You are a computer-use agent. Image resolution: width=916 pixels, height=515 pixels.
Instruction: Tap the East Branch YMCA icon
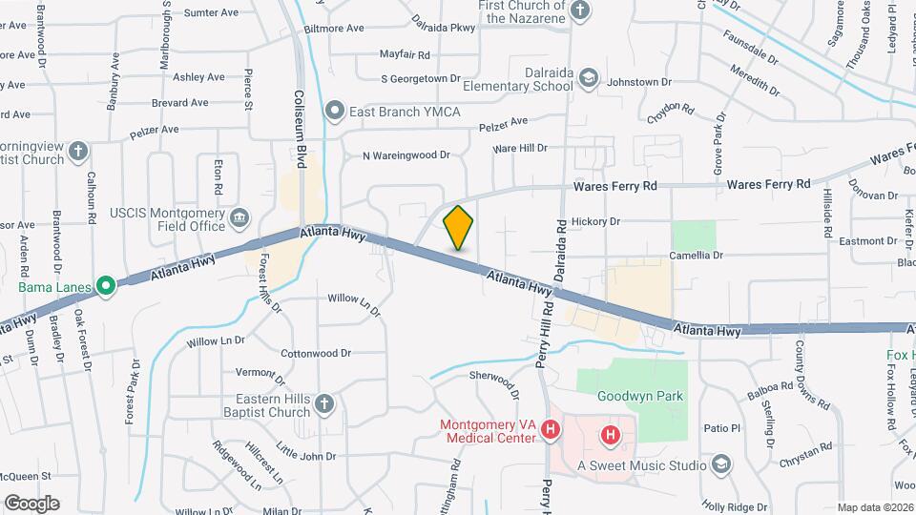pos(335,112)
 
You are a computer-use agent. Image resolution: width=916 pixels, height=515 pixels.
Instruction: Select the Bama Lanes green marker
pos(105,285)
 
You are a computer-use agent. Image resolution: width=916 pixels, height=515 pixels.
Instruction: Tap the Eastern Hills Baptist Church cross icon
pos(324,403)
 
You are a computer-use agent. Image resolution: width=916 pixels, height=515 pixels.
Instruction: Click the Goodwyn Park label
pos(640,396)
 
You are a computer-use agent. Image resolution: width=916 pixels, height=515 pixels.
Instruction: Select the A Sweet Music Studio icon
pos(721,464)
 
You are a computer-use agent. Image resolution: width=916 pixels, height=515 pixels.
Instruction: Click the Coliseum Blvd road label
pos(300,124)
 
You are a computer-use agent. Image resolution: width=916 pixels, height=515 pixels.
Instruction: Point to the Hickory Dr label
pos(596,221)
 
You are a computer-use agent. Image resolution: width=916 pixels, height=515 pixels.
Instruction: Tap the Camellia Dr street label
pos(697,256)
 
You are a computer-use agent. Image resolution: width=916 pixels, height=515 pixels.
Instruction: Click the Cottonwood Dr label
pos(316,354)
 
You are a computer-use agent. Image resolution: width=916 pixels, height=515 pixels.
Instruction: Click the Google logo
pos(31,503)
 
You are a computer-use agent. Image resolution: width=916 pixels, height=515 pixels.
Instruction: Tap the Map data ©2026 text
pos(874,506)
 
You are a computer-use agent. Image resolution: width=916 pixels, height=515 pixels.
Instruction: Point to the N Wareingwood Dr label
pos(406,155)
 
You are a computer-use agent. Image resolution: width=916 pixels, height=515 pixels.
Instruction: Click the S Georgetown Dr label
pos(420,79)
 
